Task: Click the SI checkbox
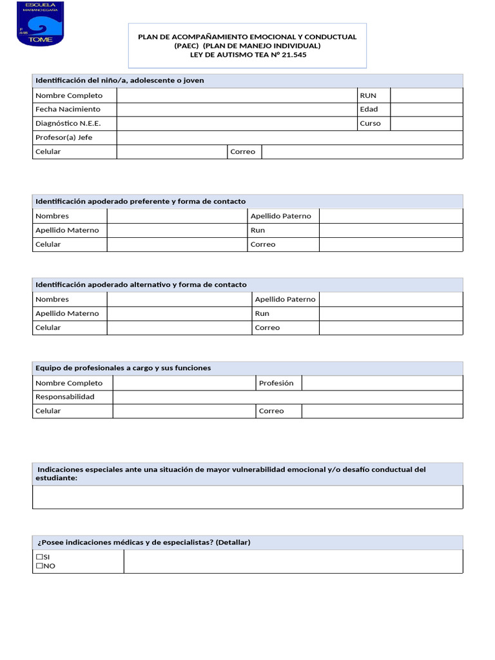[39, 557]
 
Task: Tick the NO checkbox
[39, 566]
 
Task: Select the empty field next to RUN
[426, 95]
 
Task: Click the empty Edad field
[426, 110]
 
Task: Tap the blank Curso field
[426, 124]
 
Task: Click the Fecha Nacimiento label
[68, 110]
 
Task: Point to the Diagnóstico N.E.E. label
[68, 124]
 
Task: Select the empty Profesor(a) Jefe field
[289, 138]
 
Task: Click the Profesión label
[276, 383]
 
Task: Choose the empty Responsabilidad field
[287, 397]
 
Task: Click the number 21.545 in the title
[300, 55]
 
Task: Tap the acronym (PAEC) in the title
[188, 46]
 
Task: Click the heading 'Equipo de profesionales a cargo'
[123, 368]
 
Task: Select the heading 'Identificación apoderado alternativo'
[141, 285]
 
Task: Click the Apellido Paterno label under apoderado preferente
[280, 216]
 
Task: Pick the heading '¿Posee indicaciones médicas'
[142, 543]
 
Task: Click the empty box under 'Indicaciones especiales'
[247, 497]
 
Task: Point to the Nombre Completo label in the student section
[69, 95]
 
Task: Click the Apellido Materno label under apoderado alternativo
[67, 313]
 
